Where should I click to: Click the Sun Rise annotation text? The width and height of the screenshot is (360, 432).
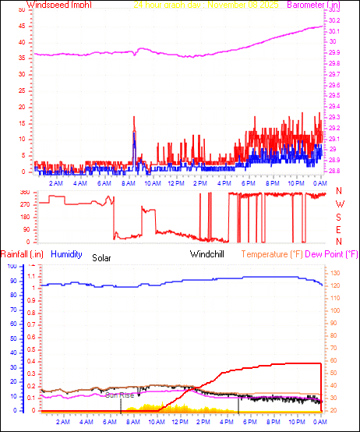point(120,395)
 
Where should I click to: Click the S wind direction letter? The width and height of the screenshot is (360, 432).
point(339,218)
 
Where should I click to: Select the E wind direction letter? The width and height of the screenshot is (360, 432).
point(339,230)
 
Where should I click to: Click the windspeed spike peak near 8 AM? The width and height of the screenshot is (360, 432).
point(134,117)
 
